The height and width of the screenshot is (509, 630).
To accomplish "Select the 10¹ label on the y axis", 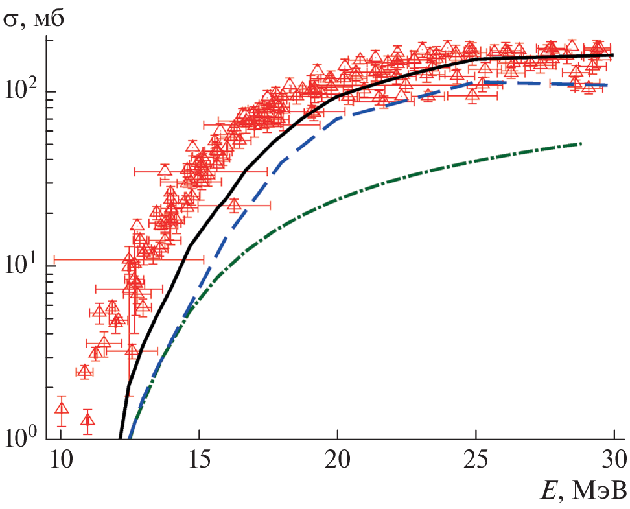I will [25, 264].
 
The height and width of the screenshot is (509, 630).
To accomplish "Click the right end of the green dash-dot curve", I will [581, 143].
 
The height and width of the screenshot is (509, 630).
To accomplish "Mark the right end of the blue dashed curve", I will [607, 85].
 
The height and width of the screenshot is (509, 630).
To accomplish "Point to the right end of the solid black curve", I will [613, 56].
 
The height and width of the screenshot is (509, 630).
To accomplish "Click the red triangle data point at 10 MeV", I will [62, 408].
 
